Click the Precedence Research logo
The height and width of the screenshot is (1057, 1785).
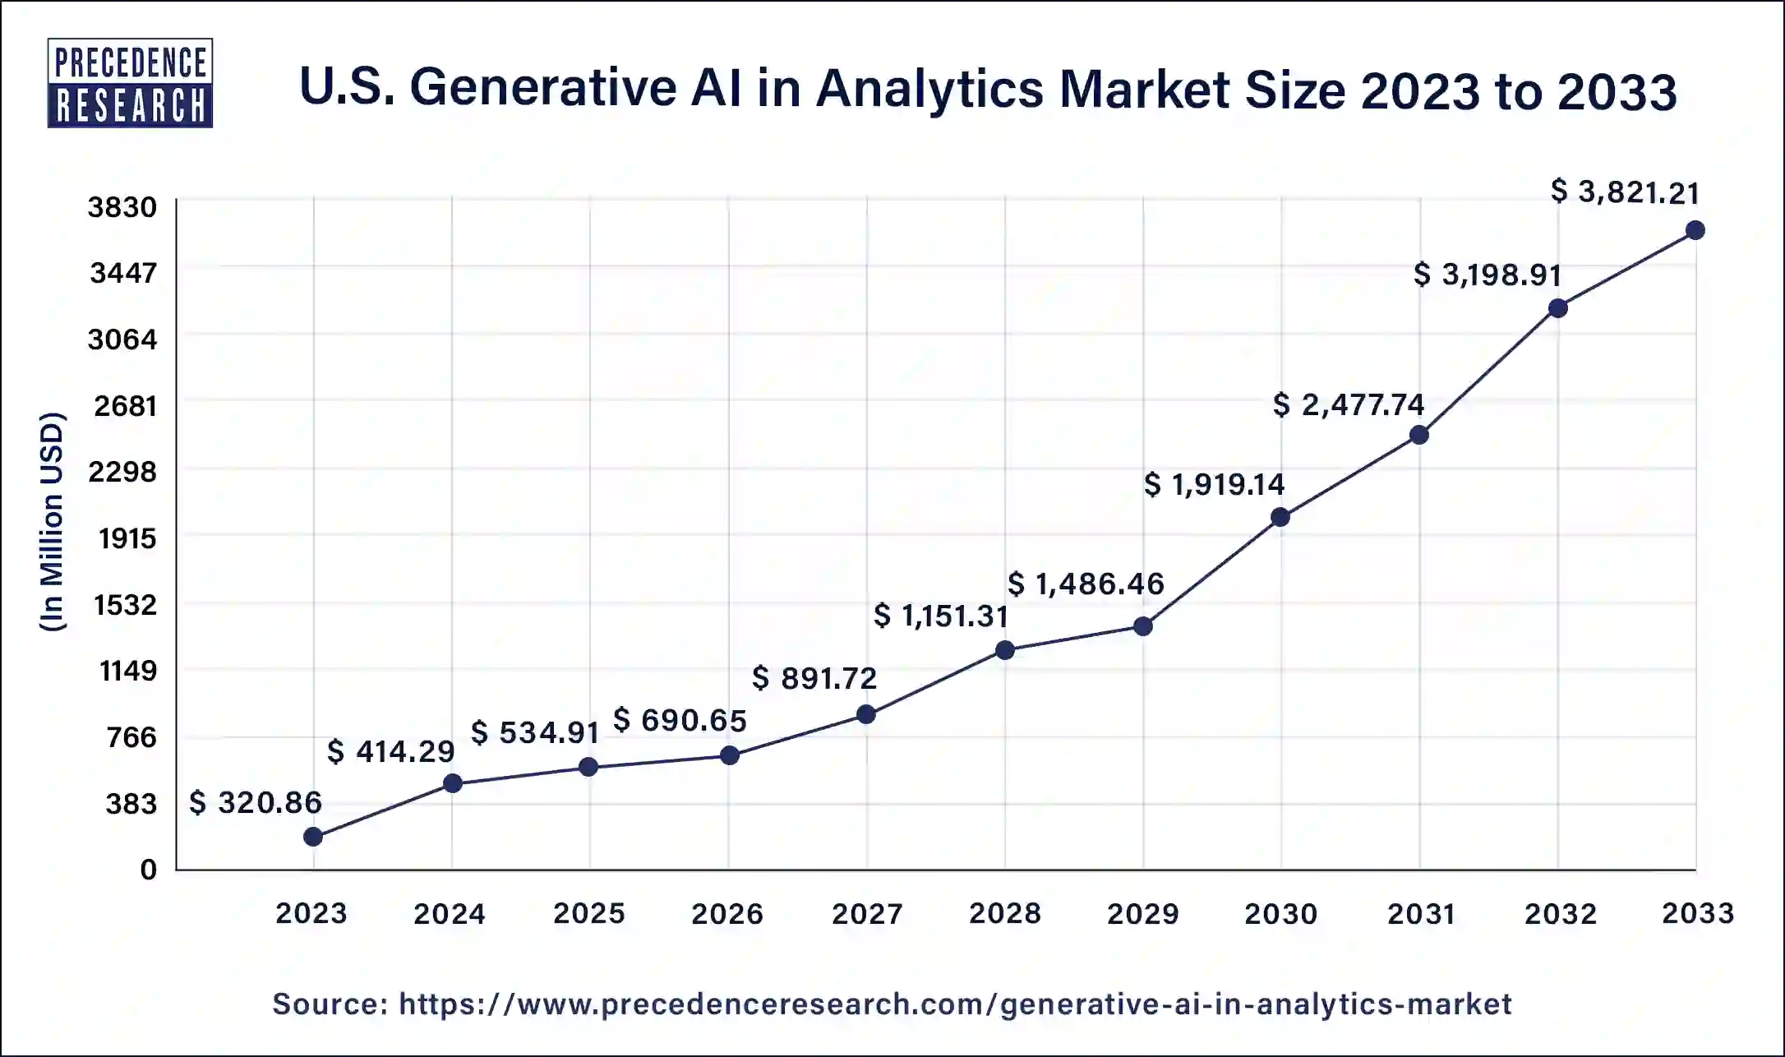click(130, 83)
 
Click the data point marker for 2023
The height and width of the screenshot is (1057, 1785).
click(313, 837)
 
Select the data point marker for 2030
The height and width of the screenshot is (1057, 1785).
click(1280, 517)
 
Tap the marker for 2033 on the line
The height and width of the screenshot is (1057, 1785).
click(1695, 230)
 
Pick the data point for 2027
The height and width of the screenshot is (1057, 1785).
click(865, 714)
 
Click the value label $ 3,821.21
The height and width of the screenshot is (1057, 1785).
click(1625, 192)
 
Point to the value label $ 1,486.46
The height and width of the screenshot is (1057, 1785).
click(1086, 584)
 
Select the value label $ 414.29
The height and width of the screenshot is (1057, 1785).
click(391, 751)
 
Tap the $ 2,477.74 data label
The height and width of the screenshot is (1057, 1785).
click(1349, 404)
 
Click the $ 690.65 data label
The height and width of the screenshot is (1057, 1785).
click(680, 721)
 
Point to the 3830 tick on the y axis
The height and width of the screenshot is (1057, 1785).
click(122, 207)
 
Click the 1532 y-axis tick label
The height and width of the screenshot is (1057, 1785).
click(125, 605)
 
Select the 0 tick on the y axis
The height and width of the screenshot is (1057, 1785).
click(148, 870)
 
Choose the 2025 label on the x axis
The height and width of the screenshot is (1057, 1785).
click(588, 913)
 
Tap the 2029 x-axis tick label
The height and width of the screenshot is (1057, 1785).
click(1142, 913)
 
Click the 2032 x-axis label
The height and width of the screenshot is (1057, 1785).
click(1560, 913)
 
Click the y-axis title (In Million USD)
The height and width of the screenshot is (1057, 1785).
click(52, 522)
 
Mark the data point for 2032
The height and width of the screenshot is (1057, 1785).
click(1557, 308)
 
